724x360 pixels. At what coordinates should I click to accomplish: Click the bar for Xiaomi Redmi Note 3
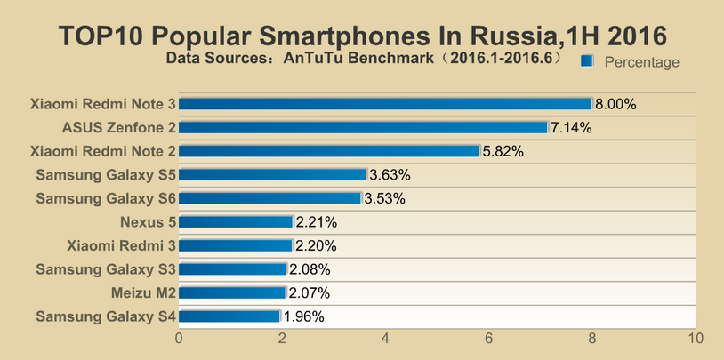(386, 104)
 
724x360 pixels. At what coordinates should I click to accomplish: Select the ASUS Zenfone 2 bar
(364, 127)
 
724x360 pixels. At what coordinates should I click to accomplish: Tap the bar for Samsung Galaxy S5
(273, 174)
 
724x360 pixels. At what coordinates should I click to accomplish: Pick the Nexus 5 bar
(237, 221)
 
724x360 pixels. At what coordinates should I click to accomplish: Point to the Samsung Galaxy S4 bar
(230, 316)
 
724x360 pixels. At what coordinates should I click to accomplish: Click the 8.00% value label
(616, 104)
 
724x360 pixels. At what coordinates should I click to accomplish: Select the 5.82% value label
(503, 151)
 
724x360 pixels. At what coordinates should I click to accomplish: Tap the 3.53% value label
(384, 198)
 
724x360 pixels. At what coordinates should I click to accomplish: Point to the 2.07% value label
(310, 292)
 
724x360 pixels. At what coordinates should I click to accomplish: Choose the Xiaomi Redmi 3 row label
(121, 245)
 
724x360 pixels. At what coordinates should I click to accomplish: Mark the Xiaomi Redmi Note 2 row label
(102, 151)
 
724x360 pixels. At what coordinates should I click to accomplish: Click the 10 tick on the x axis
(696, 339)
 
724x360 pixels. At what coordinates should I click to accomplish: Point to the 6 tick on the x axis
(489, 339)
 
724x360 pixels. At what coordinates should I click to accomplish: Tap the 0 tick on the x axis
(180, 339)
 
